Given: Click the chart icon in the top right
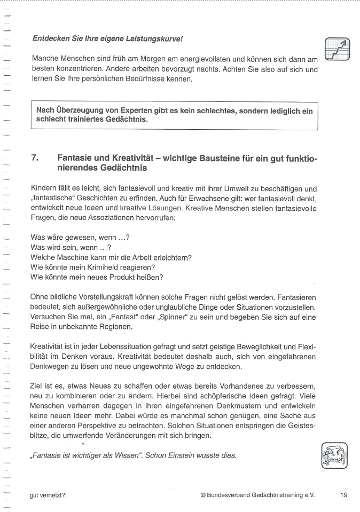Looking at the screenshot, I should pos(338,49).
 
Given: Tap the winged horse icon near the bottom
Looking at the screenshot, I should pos(335,455).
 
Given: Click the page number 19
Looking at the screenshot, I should pos(343,494).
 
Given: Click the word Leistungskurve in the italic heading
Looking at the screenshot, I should pos(157,39).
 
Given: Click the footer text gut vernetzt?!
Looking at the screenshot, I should pos(48,495).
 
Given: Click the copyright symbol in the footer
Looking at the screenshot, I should pos(203,495).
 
